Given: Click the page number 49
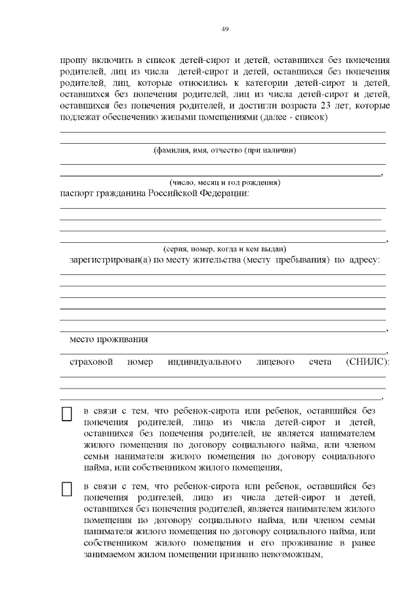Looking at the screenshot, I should click(224, 30).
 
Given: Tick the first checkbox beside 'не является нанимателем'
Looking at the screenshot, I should click(66, 414).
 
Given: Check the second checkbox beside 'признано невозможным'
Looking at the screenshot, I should click(66, 490).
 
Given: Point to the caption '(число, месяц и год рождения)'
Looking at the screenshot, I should click(224, 182).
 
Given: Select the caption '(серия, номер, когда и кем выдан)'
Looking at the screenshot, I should click(224, 249).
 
